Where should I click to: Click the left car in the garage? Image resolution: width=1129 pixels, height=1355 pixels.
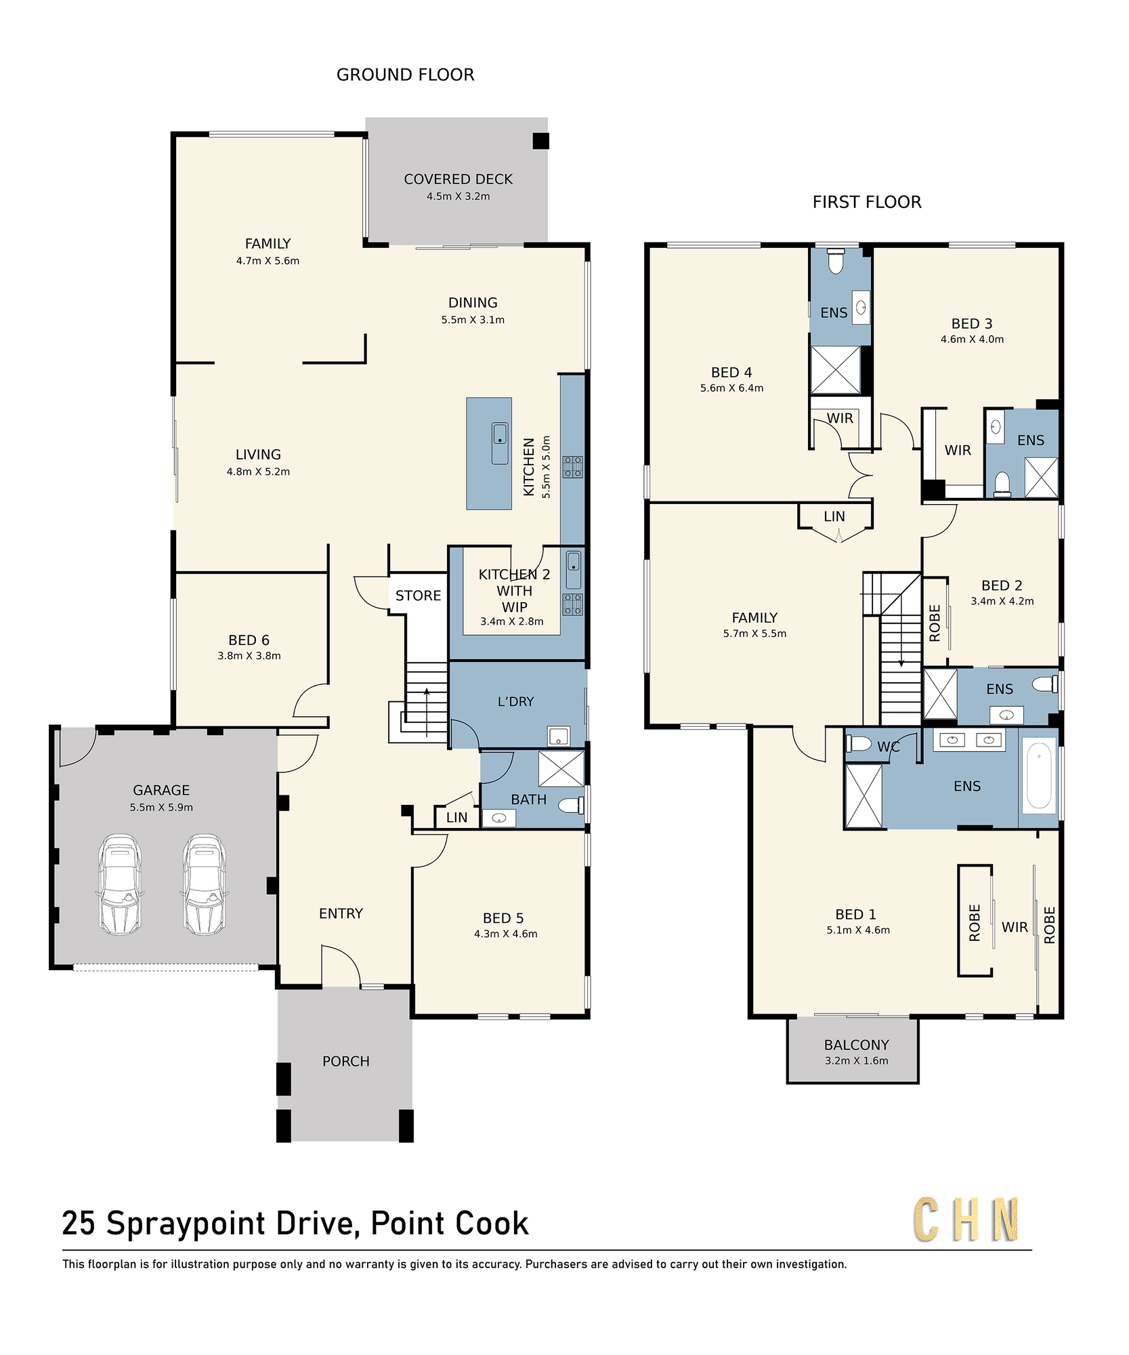click(x=121, y=884)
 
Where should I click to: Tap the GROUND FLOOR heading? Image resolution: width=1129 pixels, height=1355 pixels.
click(x=405, y=75)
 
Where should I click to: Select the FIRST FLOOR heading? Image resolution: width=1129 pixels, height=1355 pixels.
click(x=867, y=202)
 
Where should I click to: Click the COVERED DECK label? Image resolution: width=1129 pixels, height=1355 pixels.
click(x=459, y=179)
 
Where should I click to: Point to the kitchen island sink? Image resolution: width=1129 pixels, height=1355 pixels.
click(x=500, y=443)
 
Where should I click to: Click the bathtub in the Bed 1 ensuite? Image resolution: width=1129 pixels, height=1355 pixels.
click(x=1039, y=776)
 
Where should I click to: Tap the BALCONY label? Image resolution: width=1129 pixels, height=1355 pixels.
click(x=857, y=1045)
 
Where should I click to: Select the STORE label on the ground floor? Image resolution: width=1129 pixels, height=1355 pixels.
click(x=418, y=596)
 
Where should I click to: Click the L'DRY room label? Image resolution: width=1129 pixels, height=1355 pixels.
click(x=516, y=701)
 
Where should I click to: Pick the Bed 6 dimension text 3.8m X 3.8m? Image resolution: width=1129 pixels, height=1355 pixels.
click(x=249, y=656)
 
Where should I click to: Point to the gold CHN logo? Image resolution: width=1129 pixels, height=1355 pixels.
click(x=966, y=1219)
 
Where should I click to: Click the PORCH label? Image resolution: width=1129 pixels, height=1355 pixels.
click(x=346, y=1061)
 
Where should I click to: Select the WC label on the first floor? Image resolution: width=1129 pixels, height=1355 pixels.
click(x=889, y=747)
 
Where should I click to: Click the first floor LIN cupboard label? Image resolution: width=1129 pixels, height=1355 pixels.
click(x=834, y=516)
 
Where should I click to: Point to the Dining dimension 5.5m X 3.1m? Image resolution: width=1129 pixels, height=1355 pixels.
click(x=473, y=320)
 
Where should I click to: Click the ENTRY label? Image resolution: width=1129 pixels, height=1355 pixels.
click(x=341, y=913)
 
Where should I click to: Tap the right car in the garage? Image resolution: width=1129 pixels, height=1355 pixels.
click(x=204, y=884)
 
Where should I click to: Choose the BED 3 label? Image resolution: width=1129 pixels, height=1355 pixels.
click(x=972, y=324)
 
